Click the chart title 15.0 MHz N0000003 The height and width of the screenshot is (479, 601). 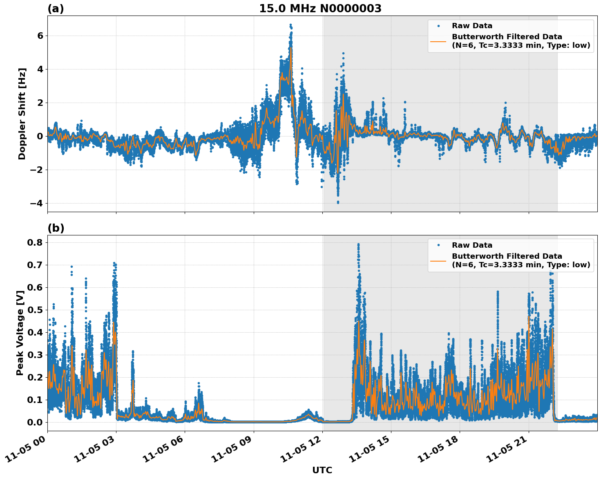[320, 9]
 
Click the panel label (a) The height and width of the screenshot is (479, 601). [56, 9]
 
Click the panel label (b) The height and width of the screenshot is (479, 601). [56, 228]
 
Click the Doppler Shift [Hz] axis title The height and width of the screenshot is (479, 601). [22, 114]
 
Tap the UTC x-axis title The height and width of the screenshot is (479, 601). [322, 470]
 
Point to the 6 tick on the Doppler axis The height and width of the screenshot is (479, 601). [40, 36]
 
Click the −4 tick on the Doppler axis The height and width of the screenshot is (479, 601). [37, 203]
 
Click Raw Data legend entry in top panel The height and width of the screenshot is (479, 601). [472, 26]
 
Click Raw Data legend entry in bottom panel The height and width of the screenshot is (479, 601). [472, 245]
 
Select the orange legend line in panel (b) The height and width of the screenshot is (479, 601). [439, 261]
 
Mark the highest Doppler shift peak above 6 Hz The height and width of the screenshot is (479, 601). [290, 25]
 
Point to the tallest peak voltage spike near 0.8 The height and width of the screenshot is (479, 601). [358, 244]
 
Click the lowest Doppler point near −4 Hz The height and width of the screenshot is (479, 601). [338, 202]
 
